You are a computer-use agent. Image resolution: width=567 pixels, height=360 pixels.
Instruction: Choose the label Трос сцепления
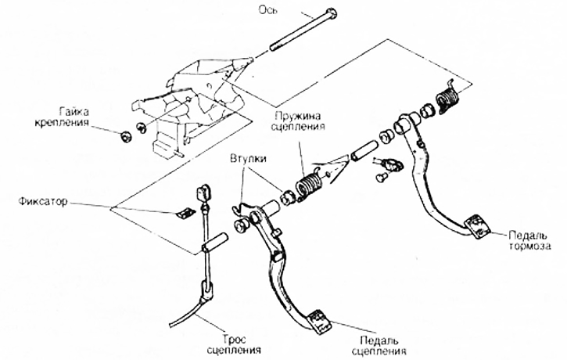(x=235, y=344)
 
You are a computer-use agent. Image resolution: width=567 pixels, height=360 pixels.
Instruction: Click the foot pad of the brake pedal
(x=475, y=225)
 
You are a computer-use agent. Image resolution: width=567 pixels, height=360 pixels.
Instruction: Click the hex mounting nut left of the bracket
(x=125, y=138)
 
